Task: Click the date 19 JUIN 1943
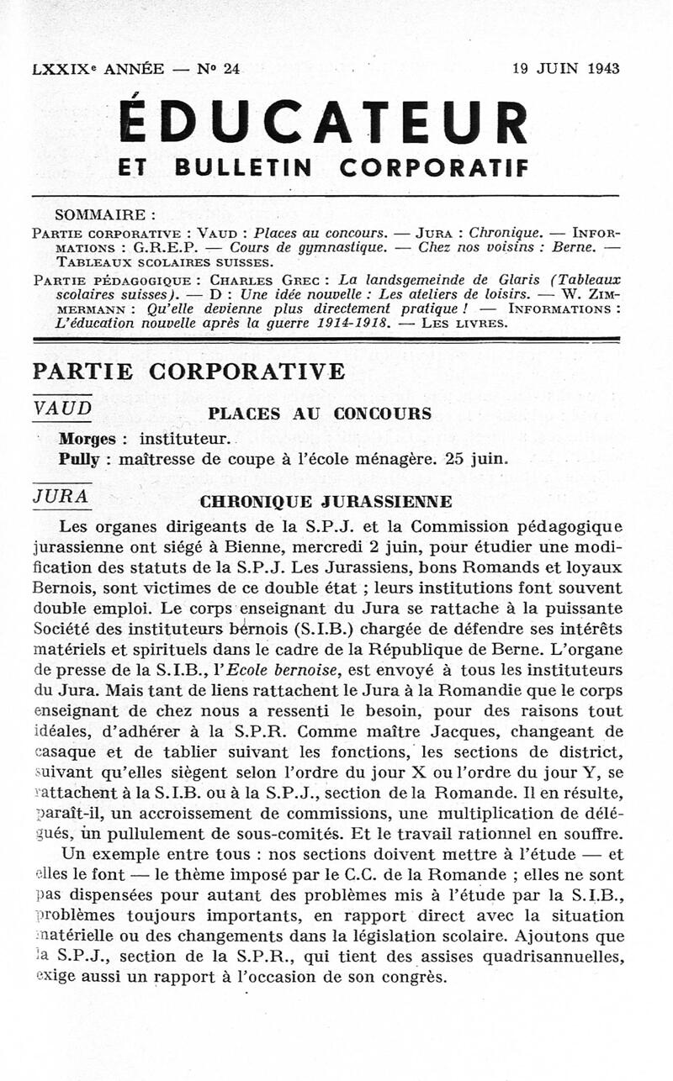coord(565,69)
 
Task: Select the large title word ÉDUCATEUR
coord(324,122)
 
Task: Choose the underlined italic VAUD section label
coord(61,408)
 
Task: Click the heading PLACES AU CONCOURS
coord(319,414)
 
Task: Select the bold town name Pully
coord(79,459)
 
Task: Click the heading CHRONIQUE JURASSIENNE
coord(326,502)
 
